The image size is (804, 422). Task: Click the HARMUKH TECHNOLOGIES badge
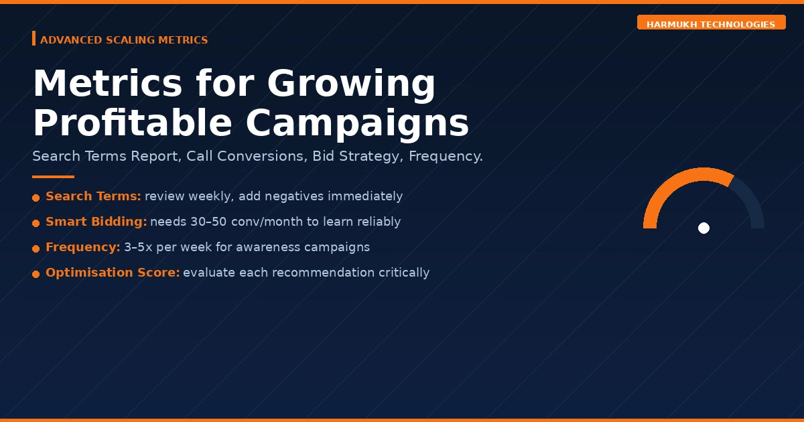[711, 24]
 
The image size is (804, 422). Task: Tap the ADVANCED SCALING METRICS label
[124, 40]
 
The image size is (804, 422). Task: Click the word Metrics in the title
[107, 84]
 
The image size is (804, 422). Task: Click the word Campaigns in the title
[356, 124]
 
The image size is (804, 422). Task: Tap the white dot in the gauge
[703, 228]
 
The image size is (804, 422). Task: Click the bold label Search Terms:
[93, 196]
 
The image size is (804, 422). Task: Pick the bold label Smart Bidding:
[96, 222]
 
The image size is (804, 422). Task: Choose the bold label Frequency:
[82, 247]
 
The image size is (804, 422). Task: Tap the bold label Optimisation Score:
[113, 273]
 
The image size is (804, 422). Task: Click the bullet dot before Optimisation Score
[36, 274]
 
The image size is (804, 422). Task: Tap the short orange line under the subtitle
[53, 177]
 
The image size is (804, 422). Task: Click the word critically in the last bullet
[403, 273]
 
